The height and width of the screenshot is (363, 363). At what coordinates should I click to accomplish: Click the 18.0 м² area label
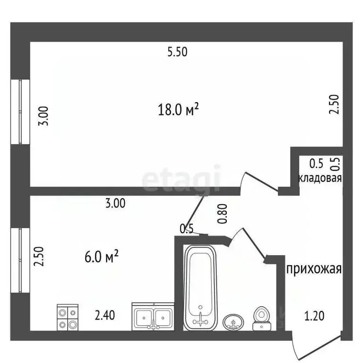tap(178, 111)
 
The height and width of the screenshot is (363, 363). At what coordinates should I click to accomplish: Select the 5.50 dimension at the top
tap(177, 53)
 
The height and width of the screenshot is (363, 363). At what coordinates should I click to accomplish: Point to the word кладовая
tap(320, 179)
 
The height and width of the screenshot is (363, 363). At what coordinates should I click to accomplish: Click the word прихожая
tap(313, 269)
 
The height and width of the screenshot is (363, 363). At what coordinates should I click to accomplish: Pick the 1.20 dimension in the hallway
tap(314, 316)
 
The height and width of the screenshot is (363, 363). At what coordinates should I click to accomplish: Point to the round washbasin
tap(233, 322)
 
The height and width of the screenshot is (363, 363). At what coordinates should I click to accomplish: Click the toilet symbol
tap(261, 318)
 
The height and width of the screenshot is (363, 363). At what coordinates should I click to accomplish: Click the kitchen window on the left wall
tap(20, 261)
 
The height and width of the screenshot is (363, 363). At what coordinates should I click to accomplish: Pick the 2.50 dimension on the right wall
tap(334, 104)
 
